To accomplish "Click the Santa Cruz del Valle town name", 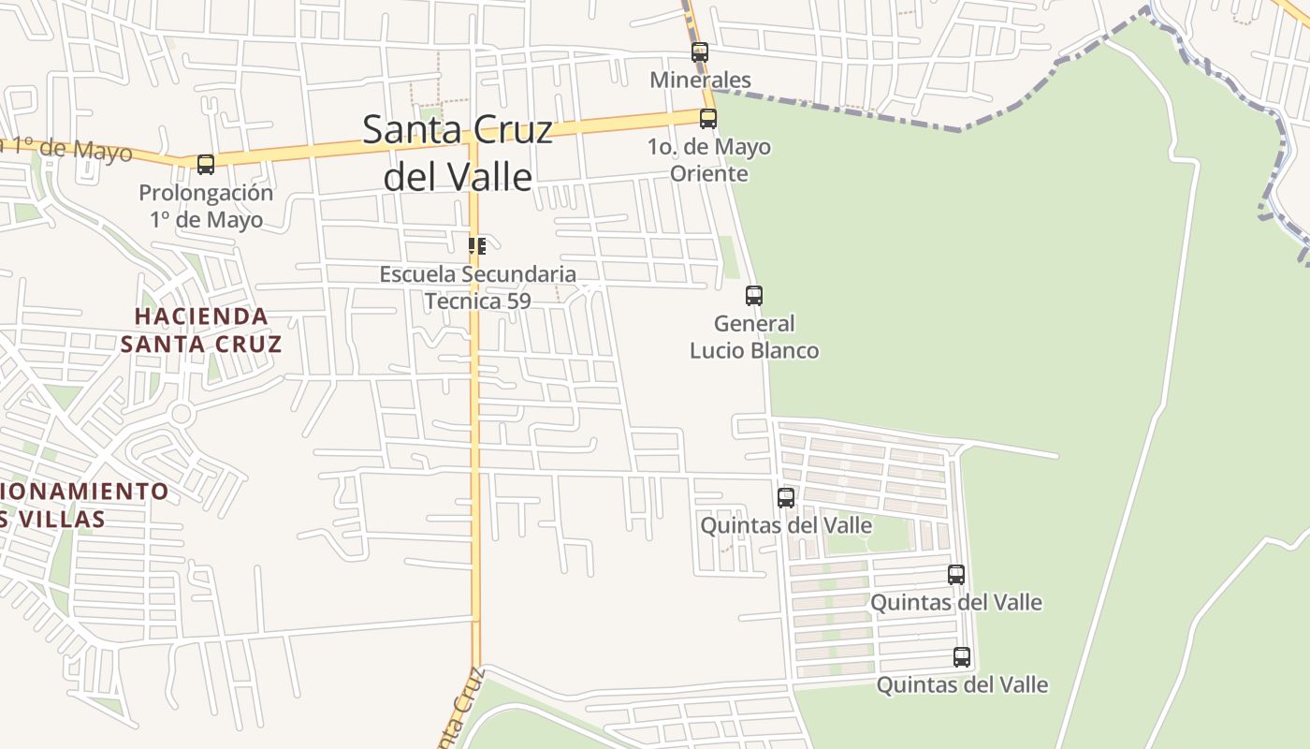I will coord(458,153).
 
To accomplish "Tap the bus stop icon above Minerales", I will coord(700,52).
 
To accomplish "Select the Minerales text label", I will coord(700,80).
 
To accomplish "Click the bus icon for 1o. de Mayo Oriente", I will coord(708,119).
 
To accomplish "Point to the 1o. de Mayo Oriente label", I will coord(708,160).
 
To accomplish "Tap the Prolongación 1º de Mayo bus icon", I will coord(206,165).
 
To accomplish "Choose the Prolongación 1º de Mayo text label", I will coord(206,206).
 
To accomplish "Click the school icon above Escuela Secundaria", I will coord(477,246).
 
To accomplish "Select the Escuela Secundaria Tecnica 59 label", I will coord(477,287).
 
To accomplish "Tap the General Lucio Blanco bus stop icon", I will coord(754,296).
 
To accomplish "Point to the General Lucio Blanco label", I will coord(754,337).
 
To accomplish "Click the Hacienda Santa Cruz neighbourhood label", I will coord(201,330).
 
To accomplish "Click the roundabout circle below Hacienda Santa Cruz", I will coord(182,414).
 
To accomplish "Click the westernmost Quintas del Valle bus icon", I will coord(786,498).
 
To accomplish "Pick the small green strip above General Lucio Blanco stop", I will coord(729,257).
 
